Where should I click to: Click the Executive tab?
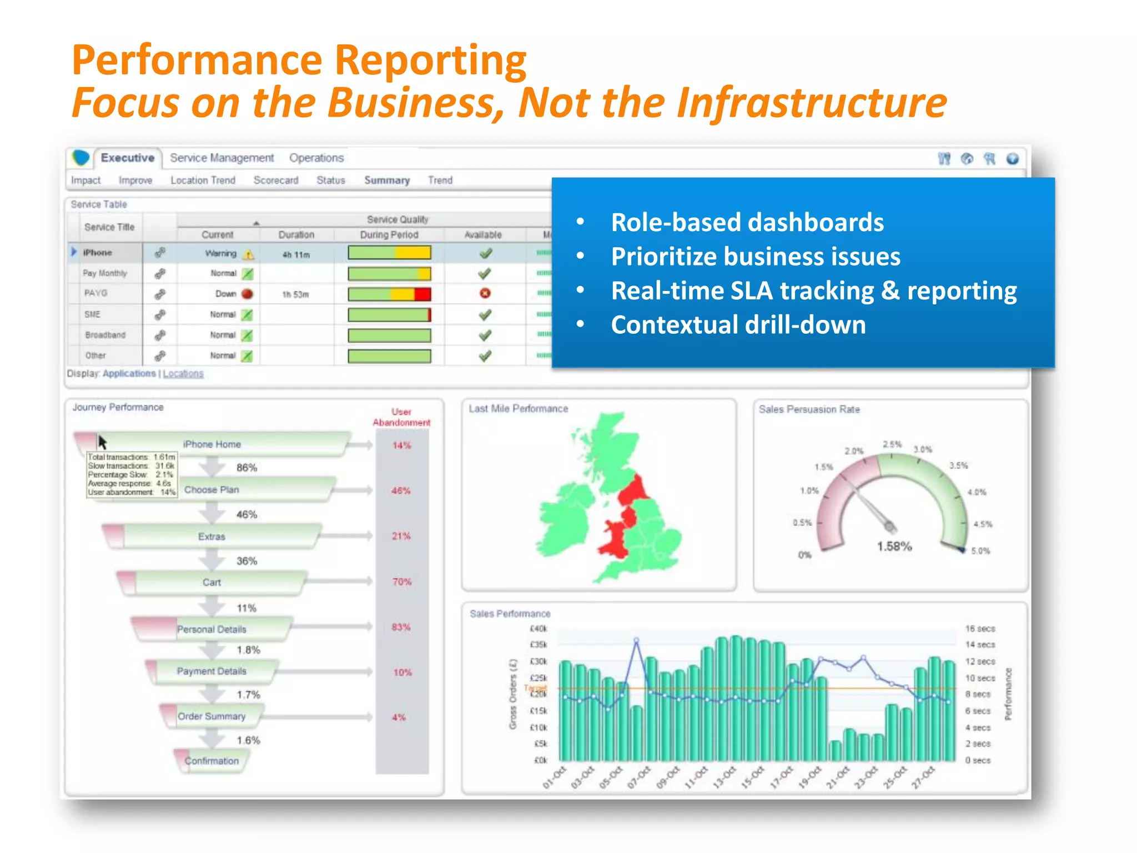coord(127,158)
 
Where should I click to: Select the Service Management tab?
coord(222,158)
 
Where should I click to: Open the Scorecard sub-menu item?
coord(276,180)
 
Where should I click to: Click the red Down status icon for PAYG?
coord(248,294)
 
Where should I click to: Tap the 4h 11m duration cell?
coord(296,255)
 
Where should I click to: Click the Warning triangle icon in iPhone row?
coord(249,254)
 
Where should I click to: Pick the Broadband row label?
coord(105,335)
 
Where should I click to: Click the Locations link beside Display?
coord(183,374)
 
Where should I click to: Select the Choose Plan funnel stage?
coord(212,490)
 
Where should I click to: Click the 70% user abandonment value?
coord(402,582)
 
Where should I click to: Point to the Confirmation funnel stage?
coord(212,761)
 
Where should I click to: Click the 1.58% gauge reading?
coord(894,546)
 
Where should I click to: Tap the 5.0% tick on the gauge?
coord(980,551)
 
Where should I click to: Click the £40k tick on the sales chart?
coord(539,629)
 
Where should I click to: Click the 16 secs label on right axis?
coord(980,629)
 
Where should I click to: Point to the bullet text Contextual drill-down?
coord(738,325)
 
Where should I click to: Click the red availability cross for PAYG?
coord(485,293)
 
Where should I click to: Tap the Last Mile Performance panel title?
coord(518,409)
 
